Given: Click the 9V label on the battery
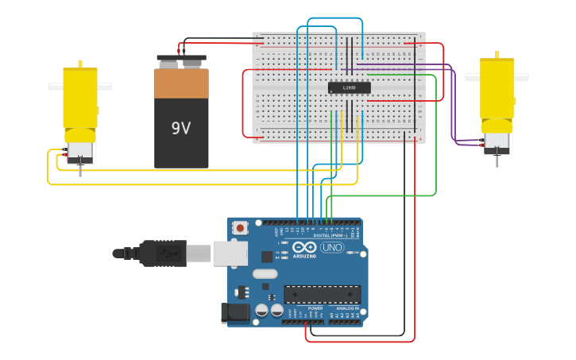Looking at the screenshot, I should click(x=181, y=127).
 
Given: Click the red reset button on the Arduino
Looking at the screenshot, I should click(x=240, y=228).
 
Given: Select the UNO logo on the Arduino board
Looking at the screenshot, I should click(x=332, y=248).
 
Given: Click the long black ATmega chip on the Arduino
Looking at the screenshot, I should click(x=322, y=294).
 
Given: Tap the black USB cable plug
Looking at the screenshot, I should click(x=163, y=254).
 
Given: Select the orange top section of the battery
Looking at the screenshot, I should click(x=181, y=83).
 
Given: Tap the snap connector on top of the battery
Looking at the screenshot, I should click(x=181, y=59).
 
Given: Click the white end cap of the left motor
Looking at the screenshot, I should click(x=79, y=151).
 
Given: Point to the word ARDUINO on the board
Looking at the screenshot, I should click(x=304, y=256).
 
